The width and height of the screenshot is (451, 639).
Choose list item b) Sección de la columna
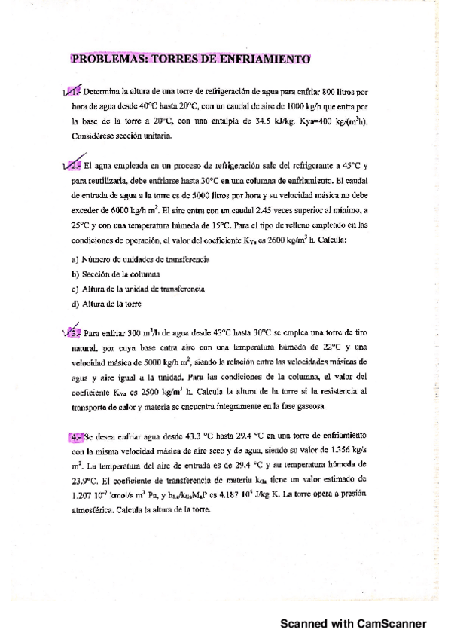coord(114,274)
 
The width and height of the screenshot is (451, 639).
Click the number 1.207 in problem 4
coord(84,494)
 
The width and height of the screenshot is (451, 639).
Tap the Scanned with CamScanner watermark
coord(353,624)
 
